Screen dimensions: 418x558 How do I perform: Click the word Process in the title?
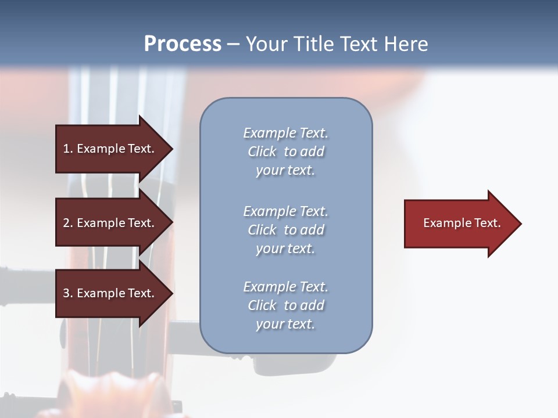(183, 44)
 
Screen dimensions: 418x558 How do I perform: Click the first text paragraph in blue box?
(285, 152)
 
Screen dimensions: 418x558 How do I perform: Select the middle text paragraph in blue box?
(285, 229)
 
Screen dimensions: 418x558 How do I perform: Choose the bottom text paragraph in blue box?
(285, 305)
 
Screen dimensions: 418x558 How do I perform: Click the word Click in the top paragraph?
(262, 152)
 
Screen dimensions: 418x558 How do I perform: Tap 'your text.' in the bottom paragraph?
(285, 324)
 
